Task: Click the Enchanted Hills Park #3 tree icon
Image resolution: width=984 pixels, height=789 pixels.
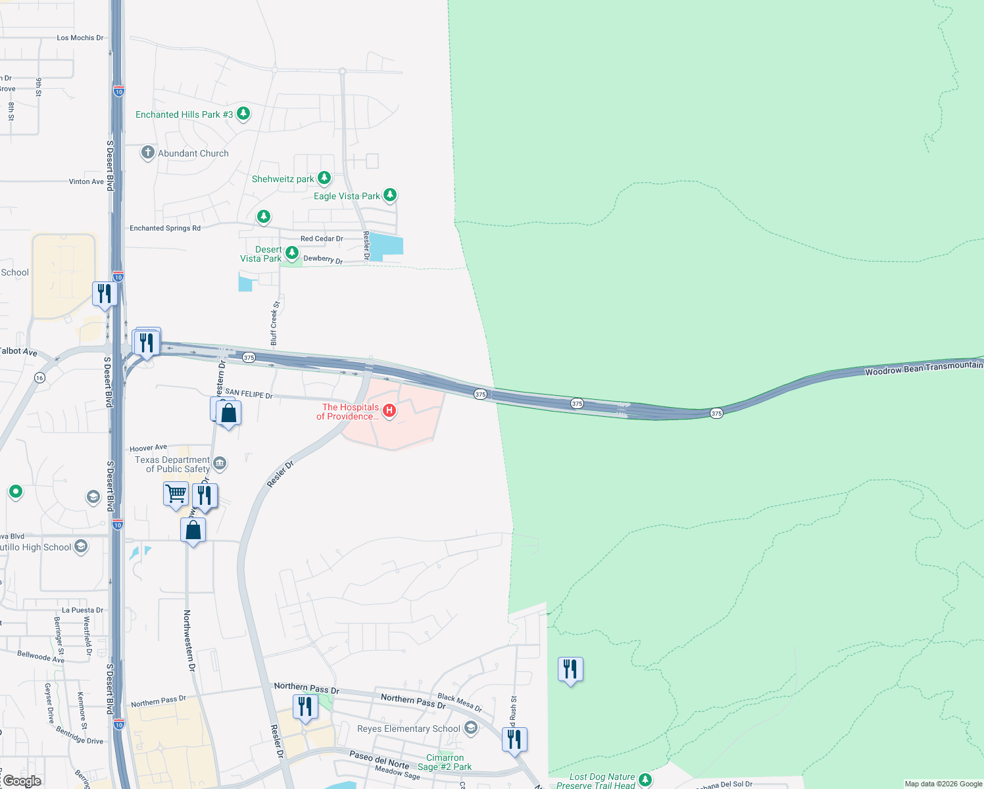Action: (243, 114)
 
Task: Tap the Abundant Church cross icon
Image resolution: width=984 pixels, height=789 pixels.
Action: (148, 153)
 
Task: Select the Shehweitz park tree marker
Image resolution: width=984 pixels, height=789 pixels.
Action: (324, 178)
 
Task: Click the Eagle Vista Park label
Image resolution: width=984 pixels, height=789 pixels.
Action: (347, 196)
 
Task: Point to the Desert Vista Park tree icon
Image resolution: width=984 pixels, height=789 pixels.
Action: (291, 253)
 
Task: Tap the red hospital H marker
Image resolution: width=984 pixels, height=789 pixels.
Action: (389, 411)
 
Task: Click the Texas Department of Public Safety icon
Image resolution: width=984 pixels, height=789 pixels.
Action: (220, 464)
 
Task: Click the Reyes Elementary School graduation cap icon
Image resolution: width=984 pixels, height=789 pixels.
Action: (470, 728)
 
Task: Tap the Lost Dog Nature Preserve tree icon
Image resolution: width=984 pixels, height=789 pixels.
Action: (645, 779)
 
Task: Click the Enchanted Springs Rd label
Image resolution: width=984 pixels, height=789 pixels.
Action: (165, 228)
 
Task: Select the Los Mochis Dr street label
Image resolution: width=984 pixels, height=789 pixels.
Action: (80, 38)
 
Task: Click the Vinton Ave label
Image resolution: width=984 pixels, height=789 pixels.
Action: (86, 181)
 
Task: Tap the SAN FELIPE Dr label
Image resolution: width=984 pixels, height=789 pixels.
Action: (249, 394)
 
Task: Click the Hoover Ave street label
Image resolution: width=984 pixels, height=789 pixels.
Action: (148, 448)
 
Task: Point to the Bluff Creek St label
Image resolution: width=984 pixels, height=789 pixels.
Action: (275, 323)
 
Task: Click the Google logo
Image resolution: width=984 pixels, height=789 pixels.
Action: (22, 781)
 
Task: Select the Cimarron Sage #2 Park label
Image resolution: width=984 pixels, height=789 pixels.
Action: (445, 762)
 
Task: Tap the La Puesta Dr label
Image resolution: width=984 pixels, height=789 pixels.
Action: (82, 610)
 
